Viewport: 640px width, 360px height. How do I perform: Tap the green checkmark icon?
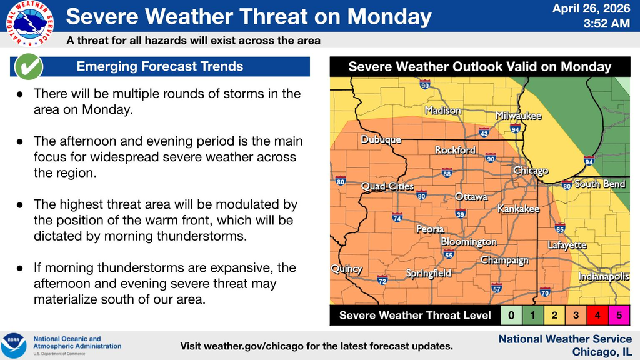click(x=28, y=66)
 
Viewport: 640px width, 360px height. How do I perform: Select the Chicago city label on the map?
click(x=531, y=171)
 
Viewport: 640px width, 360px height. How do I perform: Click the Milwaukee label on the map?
click(x=518, y=116)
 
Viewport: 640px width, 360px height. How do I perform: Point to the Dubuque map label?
click(x=381, y=140)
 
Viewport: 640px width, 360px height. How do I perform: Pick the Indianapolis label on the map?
click(x=604, y=276)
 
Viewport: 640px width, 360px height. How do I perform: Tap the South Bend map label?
click(x=600, y=184)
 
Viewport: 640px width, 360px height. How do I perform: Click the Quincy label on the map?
click(x=346, y=269)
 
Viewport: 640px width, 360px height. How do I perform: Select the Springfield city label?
click(x=429, y=273)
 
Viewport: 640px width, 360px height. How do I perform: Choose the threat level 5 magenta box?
click(x=618, y=316)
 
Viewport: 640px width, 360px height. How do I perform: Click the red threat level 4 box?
click(x=597, y=316)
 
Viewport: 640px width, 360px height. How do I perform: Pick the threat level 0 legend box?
click(x=511, y=316)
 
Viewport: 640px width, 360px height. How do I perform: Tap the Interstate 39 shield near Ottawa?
click(x=461, y=214)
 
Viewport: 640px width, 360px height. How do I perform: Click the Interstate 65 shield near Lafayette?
click(x=560, y=228)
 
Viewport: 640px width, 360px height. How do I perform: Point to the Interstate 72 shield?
click(x=382, y=281)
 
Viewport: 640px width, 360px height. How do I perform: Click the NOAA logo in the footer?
click(x=14, y=346)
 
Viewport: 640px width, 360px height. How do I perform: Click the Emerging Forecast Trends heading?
click(x=160, y=66)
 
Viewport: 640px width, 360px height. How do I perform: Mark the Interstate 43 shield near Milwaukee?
click(x=484, y=132)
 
